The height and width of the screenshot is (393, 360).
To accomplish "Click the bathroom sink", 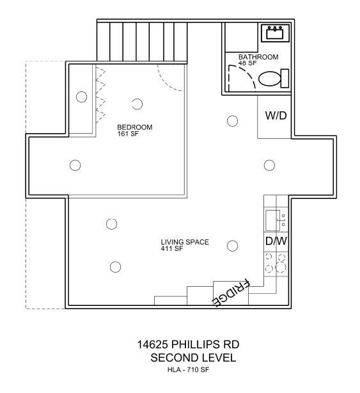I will tap(276, 33).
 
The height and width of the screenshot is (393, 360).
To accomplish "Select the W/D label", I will tap(275, 116).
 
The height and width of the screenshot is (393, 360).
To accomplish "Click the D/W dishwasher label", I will tap(275, 241).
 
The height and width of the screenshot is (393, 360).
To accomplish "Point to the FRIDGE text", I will tap(231, 293).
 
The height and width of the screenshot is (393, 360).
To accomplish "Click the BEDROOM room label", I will tap(134, 127).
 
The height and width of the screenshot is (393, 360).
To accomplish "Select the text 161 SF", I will tap(129, 134).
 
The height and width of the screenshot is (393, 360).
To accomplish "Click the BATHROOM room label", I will tap(258, 57).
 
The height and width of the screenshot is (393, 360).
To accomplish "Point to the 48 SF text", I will tap(247, 63).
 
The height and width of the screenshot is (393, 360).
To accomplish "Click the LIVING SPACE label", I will tap(185, 242).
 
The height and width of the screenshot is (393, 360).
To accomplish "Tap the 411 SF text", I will tap(172, 248).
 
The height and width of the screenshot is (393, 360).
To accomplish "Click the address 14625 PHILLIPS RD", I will tap(188, 345).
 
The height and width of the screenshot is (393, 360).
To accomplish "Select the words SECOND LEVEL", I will tap(192, 358).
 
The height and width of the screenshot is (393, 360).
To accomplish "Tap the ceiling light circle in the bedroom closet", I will tap(81, 97).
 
